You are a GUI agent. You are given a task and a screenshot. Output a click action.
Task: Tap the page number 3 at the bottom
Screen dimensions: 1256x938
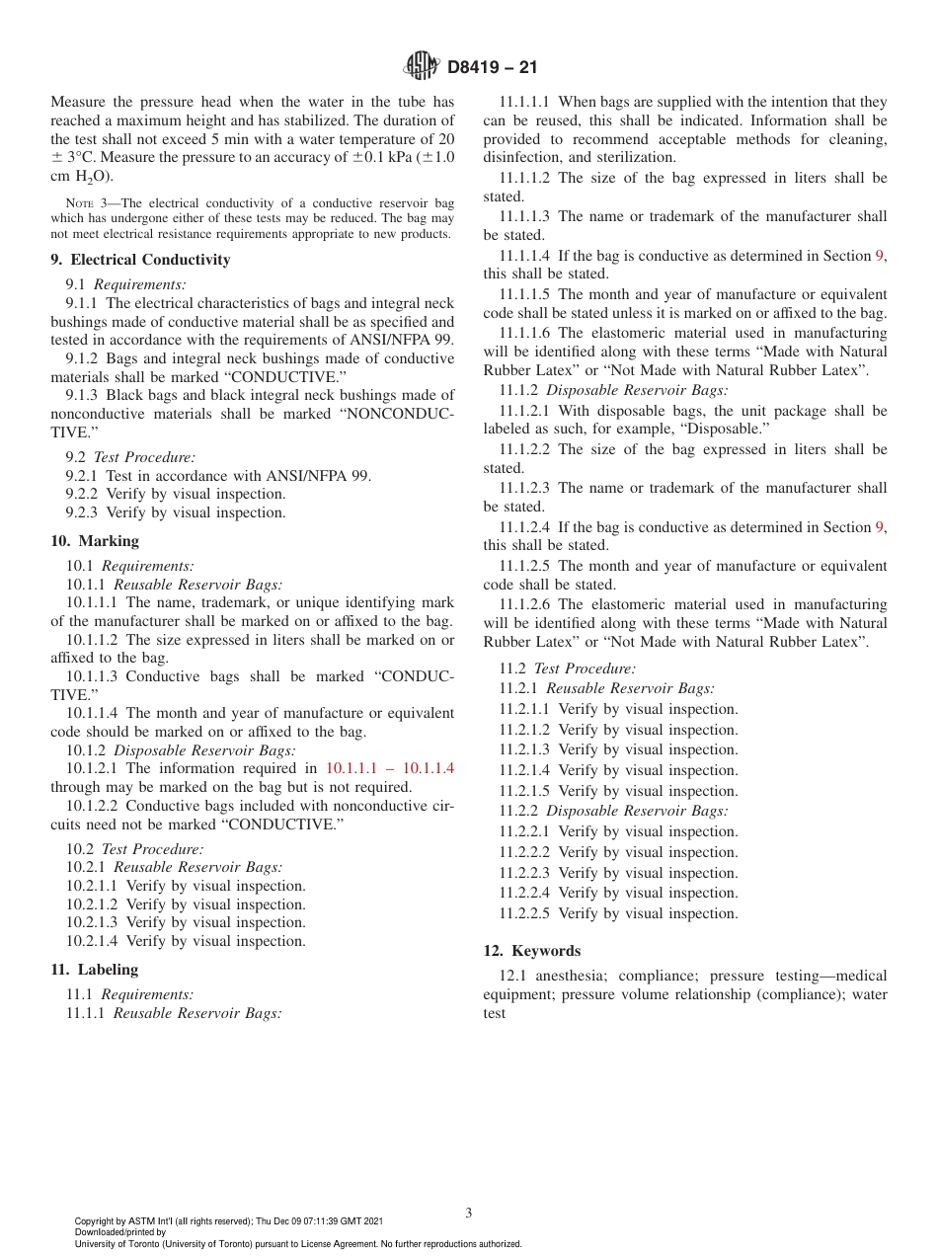click(469, 1213)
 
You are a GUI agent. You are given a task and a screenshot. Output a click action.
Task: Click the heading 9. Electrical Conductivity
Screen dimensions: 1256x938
click(140, 260)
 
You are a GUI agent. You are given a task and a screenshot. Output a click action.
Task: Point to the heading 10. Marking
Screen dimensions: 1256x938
click(95, 541)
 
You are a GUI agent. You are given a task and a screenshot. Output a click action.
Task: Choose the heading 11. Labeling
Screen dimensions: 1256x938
click(95, 970)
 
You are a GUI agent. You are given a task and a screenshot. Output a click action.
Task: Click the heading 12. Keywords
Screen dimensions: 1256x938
click(531, 951)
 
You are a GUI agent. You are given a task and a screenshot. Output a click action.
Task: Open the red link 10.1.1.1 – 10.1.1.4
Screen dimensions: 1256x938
click(390, 768)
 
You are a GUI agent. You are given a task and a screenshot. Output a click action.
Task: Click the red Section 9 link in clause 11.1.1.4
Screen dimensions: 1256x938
click(880, 256)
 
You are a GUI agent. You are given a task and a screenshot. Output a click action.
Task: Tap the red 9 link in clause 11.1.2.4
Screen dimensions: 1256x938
click(880, 527)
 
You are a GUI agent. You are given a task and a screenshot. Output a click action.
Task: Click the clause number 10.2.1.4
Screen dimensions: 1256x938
click(92, 941)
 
